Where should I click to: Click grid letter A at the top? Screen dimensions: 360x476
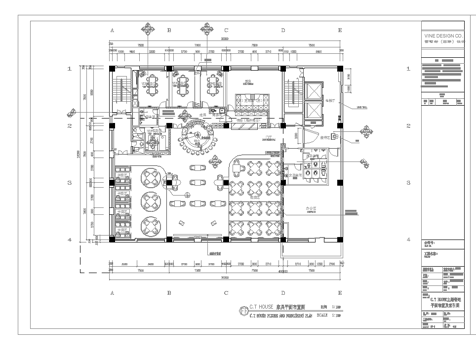(x=112, y=31)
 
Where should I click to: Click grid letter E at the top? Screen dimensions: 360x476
(x=341, y=31)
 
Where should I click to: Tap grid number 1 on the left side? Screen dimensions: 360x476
(x=69, y=68)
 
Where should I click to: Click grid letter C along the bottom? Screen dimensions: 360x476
(x=227, y=290)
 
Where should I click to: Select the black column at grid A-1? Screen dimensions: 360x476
(x=113, y=68)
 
